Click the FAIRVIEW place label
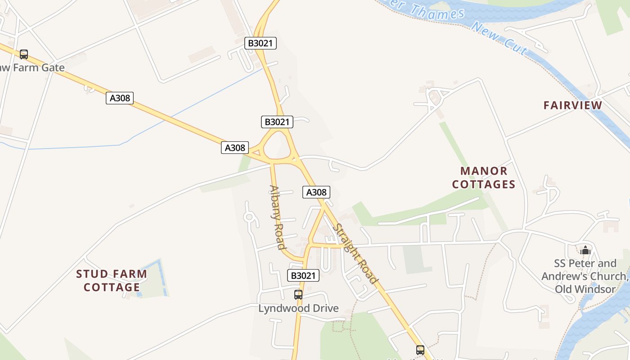(572, 105)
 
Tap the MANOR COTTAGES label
(484, 178)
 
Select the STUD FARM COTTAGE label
(112, 280)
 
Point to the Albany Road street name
(277, 217)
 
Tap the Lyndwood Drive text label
(298, 308)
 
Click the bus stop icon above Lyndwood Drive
(298, 295)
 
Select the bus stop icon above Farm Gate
(24, 54)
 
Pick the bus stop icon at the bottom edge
(420, 350)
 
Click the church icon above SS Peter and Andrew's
(585, 250)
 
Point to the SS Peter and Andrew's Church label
(585, 276)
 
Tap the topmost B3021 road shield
(261, 43)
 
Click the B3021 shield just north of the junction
(277, 121)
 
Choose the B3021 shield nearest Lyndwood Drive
(303, 275)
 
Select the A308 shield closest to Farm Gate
(120, 98)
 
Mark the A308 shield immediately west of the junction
(235, 147)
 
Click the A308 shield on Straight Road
(316, 192)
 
